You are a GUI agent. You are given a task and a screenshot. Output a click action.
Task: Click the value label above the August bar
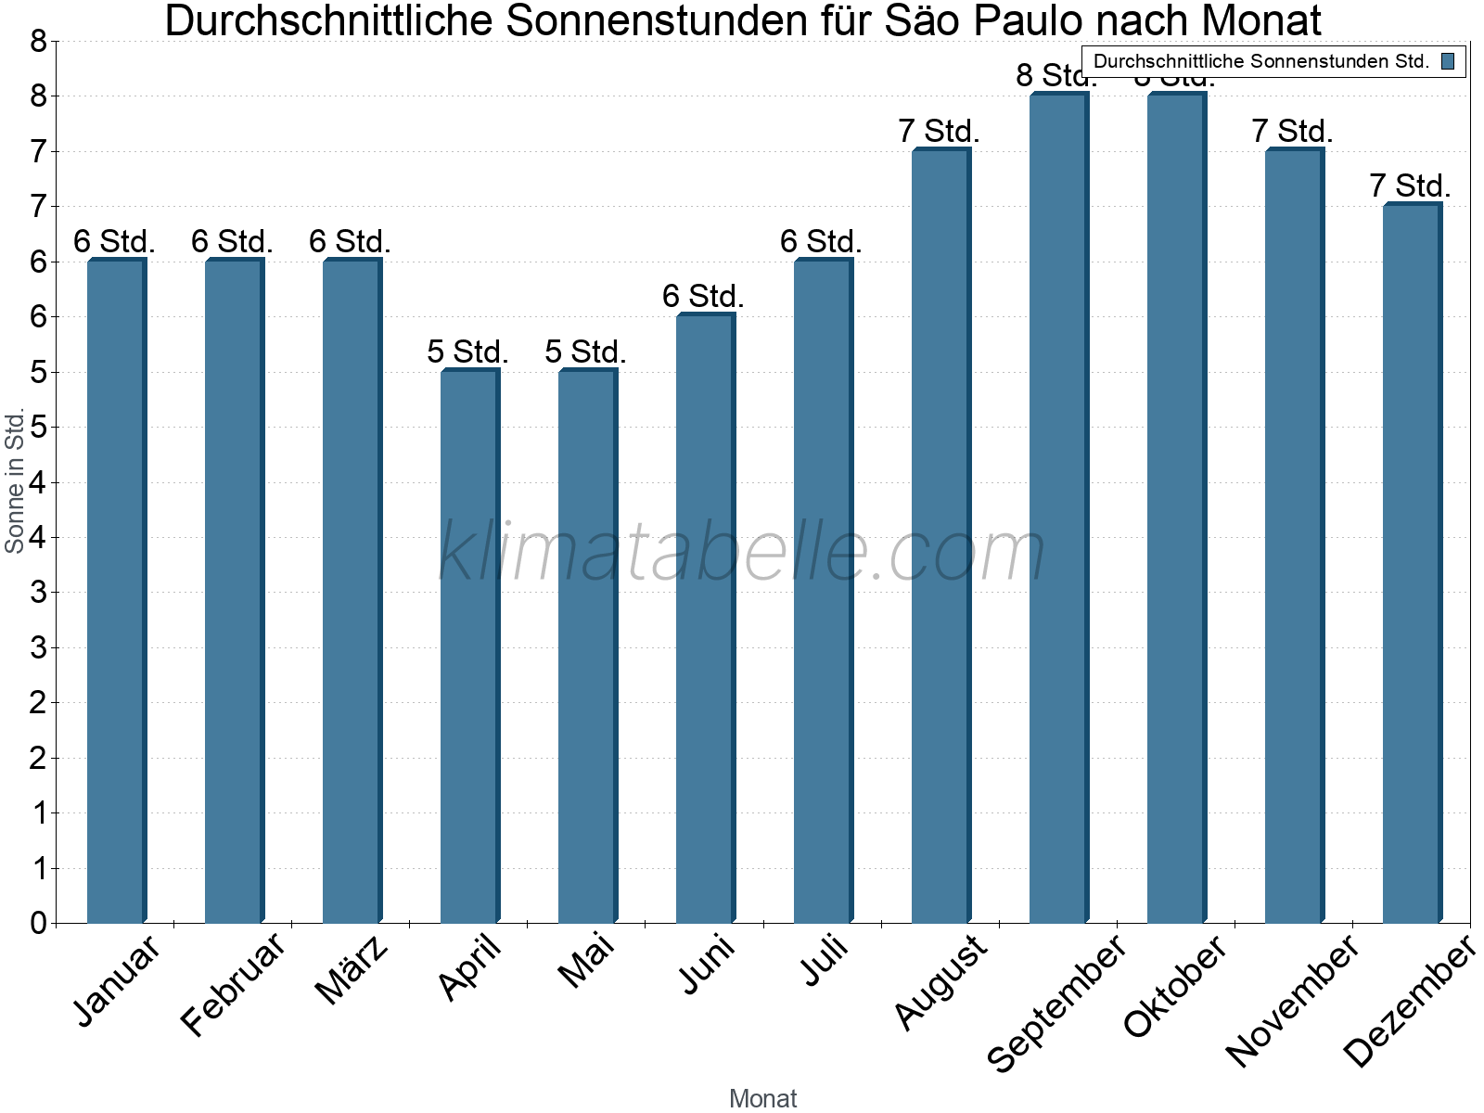939,132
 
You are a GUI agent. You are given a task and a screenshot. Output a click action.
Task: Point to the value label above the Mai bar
585,352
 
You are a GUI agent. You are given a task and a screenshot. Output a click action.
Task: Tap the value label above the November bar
1292,132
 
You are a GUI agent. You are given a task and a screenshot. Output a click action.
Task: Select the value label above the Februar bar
232,242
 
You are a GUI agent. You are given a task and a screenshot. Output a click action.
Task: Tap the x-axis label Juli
825,961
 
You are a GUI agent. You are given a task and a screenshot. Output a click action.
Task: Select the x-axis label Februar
233,985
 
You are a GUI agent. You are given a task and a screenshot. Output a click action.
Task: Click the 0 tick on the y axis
38,923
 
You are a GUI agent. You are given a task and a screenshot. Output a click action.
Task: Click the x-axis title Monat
762,1098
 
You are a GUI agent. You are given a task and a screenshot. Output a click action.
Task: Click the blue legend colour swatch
1448,62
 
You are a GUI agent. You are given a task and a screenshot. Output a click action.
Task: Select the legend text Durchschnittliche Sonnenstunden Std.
1261,62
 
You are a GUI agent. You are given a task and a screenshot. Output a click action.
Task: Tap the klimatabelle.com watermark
742,552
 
